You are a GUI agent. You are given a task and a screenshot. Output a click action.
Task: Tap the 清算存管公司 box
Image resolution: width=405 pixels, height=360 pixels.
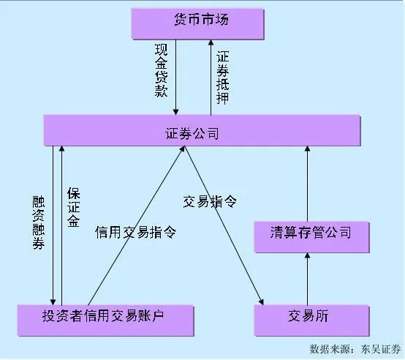tap(311, 234)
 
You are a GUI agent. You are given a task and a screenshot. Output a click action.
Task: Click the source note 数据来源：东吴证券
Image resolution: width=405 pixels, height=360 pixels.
tap(355, 349)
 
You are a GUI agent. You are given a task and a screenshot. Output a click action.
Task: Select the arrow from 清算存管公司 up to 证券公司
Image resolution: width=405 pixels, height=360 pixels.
tap(308, 183)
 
